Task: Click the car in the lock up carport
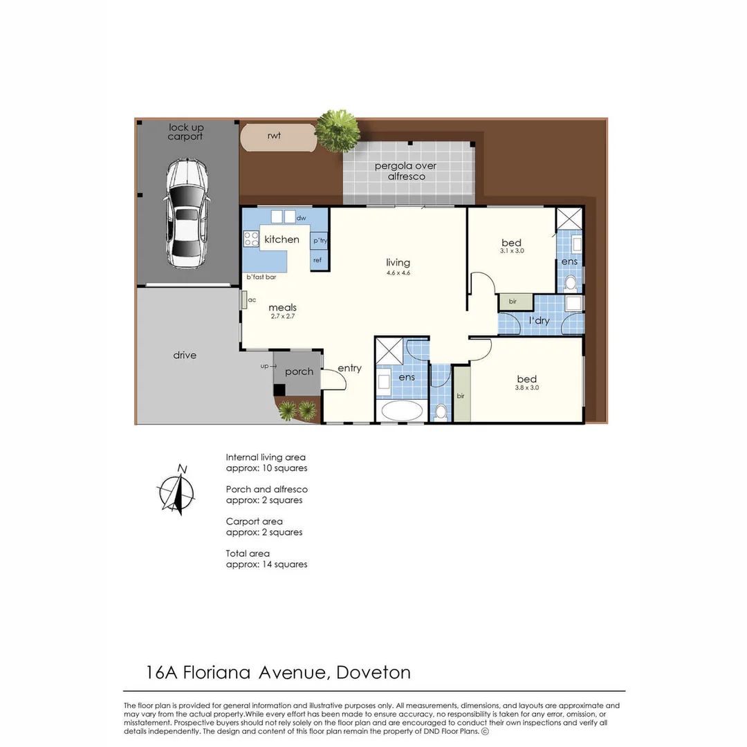tap(186, 214)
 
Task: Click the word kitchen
tap(282, 239)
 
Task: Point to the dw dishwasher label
tap(301, 218)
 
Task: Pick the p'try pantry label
tap(320, 241)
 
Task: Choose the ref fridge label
tap(317, 260)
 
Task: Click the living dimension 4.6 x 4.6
tap(398, 273)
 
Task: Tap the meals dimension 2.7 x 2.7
tap(282, 317)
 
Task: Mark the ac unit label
tap(252, 299)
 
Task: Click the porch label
tap(299, 371)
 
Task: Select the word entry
tap(349, 368)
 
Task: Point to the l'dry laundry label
tap(539, 321)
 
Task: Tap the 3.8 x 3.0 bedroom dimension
tap(526, 388)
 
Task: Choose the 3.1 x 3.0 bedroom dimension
tap(512, 252)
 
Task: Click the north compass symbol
tap(178, 492)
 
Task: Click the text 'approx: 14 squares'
tap(266, 564)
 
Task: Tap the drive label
tap(185, 355)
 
